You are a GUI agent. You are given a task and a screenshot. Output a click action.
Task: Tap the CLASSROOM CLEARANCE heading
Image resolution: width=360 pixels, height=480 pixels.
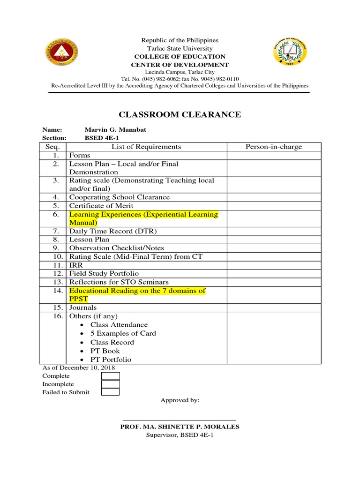180,114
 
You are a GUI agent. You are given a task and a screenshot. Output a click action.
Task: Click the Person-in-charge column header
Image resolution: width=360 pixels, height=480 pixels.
274,147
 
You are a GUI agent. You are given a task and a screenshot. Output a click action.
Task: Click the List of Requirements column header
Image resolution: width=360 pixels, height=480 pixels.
146,147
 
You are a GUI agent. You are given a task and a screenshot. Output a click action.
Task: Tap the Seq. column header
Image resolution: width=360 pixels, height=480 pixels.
54,147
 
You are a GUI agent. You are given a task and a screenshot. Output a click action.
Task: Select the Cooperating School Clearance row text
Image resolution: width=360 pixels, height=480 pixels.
120,197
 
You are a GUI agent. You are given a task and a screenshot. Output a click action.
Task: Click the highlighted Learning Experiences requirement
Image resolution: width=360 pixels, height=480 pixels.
143,218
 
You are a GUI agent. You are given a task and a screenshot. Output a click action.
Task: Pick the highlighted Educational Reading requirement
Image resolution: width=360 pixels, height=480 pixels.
137,295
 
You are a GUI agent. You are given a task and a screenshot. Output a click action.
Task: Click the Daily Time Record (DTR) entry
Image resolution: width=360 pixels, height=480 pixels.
113,231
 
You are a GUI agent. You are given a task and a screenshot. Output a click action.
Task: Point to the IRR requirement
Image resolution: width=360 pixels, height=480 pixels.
76,265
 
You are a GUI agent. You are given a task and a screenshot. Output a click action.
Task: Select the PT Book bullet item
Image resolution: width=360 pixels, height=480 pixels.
105,351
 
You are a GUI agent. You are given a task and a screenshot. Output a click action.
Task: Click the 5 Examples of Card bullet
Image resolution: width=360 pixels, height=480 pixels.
123,333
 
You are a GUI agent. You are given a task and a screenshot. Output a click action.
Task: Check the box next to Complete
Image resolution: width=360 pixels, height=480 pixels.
110,376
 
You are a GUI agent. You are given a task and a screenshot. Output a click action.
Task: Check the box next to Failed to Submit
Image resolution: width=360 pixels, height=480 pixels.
110,392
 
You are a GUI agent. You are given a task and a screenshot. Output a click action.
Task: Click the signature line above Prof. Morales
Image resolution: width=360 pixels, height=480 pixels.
179,420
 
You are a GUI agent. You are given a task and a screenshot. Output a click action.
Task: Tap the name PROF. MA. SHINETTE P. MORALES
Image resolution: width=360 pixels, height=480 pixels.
180,427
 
